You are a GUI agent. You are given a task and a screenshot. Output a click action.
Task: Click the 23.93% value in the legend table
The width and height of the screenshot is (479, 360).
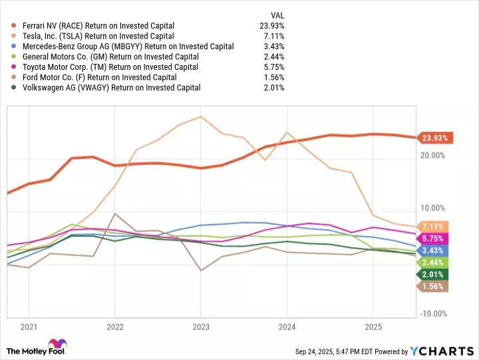[273, 25]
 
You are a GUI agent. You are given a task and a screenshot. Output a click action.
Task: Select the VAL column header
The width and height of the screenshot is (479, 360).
[278, 14]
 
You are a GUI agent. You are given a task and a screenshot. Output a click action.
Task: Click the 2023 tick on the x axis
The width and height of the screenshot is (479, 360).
[200, 327]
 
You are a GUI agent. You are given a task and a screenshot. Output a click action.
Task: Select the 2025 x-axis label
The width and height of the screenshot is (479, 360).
[373, 327]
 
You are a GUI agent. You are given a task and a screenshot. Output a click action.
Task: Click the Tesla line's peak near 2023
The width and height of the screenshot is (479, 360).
[200, 116]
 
